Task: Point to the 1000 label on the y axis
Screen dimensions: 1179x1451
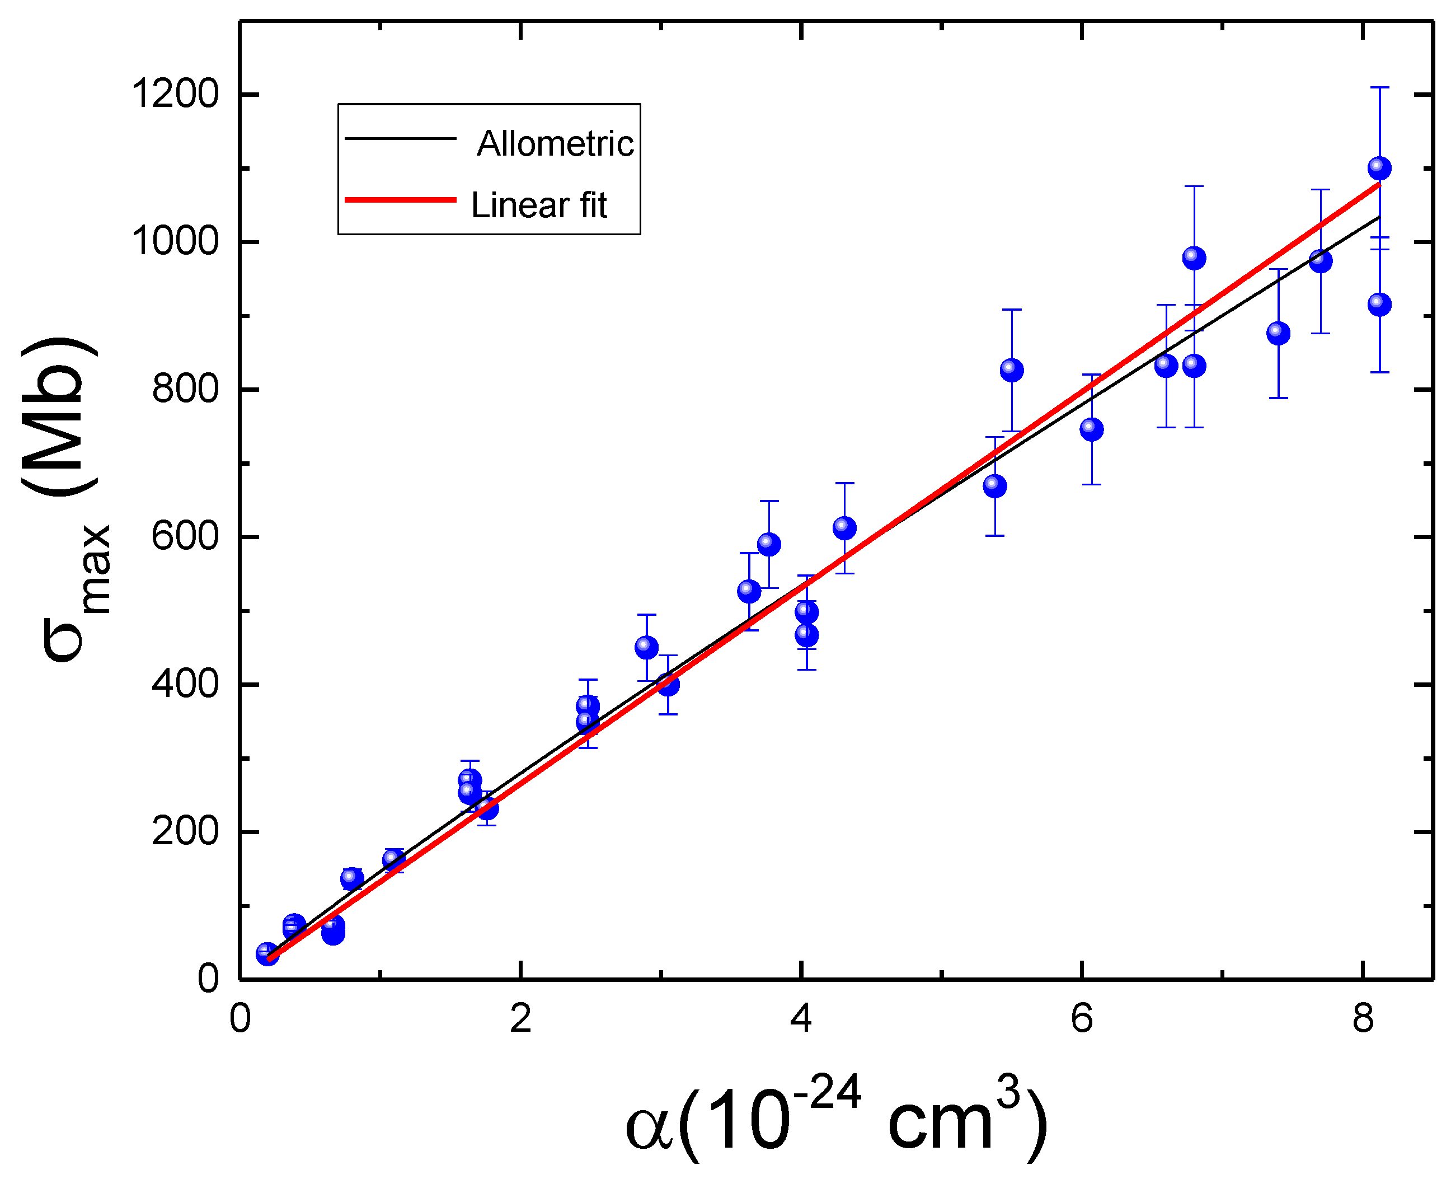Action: pyautogui.click(x=175, y=241)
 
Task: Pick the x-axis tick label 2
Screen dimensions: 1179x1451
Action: pyautogui.click(x=520, y=1019)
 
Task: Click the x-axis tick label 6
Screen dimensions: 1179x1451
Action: pyautogui.click(x=1082, y=1019)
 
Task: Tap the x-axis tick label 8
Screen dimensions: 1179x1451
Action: pyautogui.click(x=1362, y=1019)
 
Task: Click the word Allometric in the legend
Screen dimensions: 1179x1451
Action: pyautogui.click(x=555, y=143)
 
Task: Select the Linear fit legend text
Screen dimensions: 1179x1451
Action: pyautogui.click(x=539, y=205)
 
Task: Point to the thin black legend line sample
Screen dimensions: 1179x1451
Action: pyautogui.click(x=401, y=138)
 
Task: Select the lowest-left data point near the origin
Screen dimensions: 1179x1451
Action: pyautogui.click(x=267, y=953)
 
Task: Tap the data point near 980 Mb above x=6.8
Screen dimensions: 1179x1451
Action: pyautogui.click(x=1194, y=258)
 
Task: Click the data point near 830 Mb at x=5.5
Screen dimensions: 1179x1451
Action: pyautogui.click(x=1011, y=370)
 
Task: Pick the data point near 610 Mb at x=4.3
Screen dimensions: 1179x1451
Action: pyautogui.click(x=844, y=528)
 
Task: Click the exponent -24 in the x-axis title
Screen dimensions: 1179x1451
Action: pyautogui.click(x=827, y=1094)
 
